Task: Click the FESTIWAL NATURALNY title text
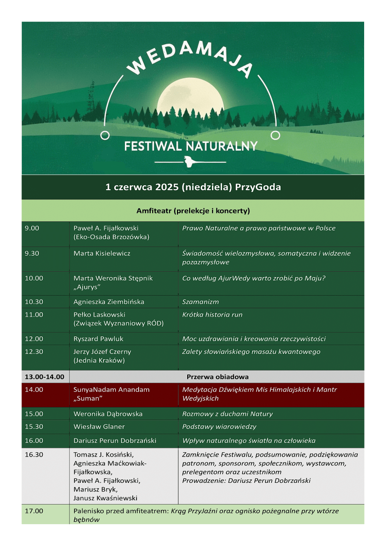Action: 191,146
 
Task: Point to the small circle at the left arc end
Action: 105,135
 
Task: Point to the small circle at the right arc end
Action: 275,135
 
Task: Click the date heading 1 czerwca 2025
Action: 193,187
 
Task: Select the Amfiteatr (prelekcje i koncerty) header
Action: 193,211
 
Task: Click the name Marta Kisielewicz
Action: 102,253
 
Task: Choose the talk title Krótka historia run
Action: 212,315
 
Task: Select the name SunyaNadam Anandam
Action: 111,389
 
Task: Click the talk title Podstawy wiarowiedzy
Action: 219,426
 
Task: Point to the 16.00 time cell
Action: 34,440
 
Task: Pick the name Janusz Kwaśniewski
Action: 105,498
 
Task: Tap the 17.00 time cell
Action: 34,511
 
